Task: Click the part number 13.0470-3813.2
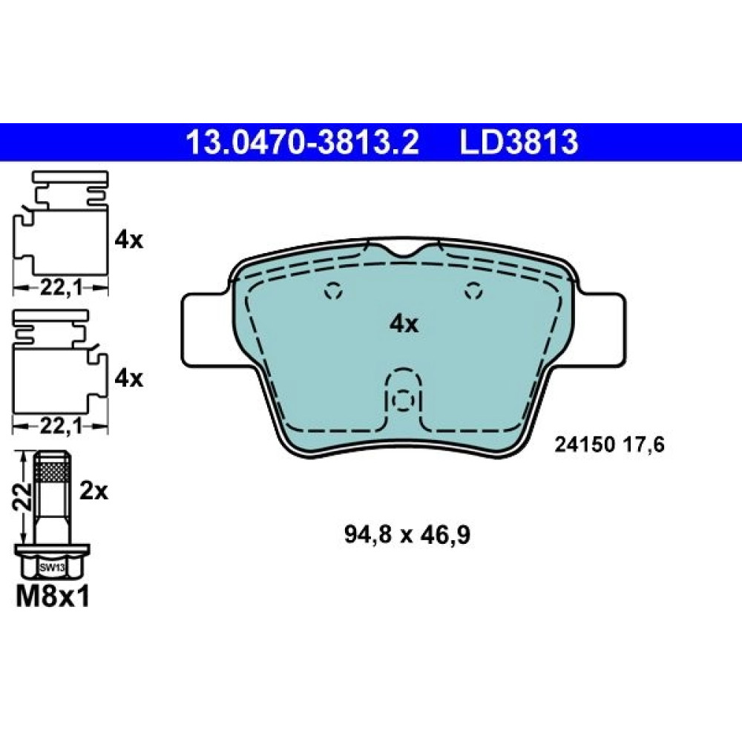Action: tap(302, 142)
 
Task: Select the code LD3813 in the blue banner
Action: tap(519, 142)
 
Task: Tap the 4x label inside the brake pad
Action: tap(404, 325)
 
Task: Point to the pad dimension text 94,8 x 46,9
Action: tap(407, 535)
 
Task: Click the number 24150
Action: tap(585, 444)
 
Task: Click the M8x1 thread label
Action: tap(53, 597)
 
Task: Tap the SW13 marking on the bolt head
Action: tap(52, 568)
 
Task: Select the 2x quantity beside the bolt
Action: tap(93, 492)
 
